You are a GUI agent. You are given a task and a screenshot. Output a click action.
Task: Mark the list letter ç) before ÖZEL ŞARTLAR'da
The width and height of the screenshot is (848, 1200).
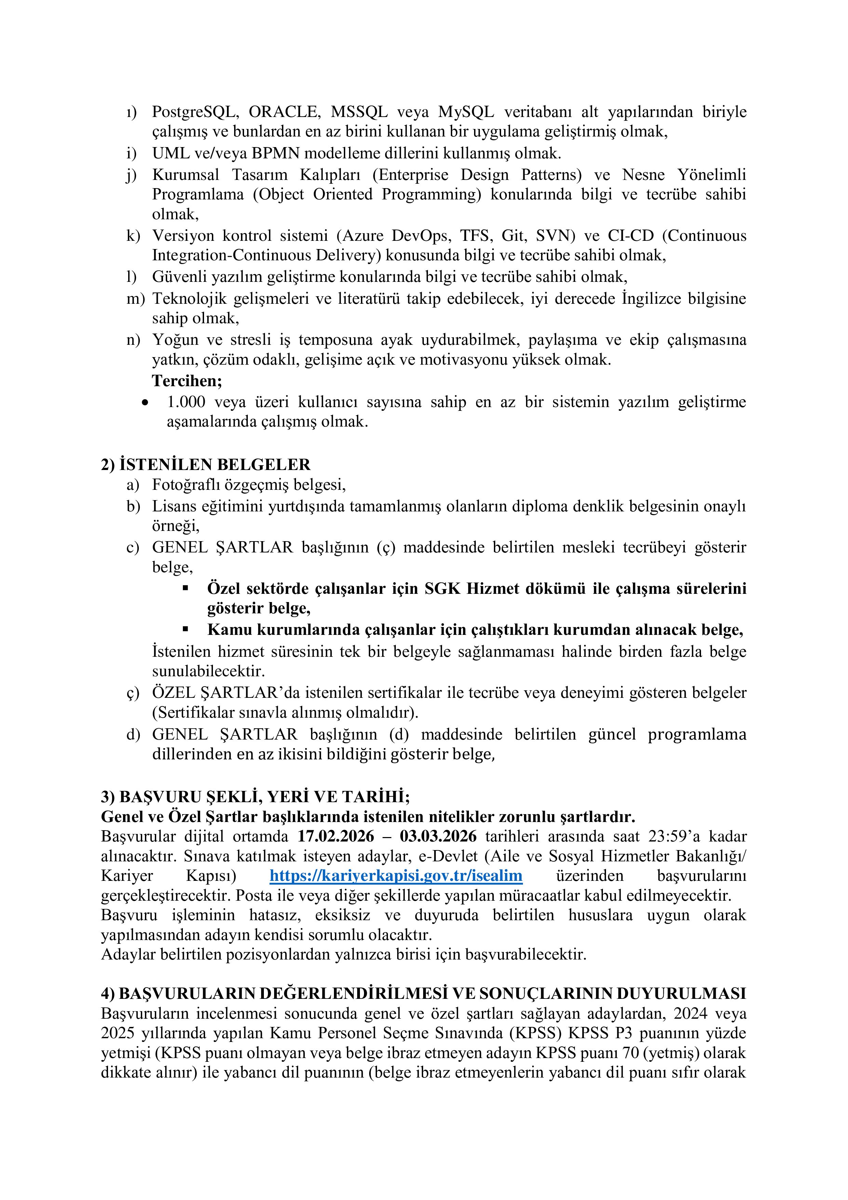[x=133, y=693]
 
